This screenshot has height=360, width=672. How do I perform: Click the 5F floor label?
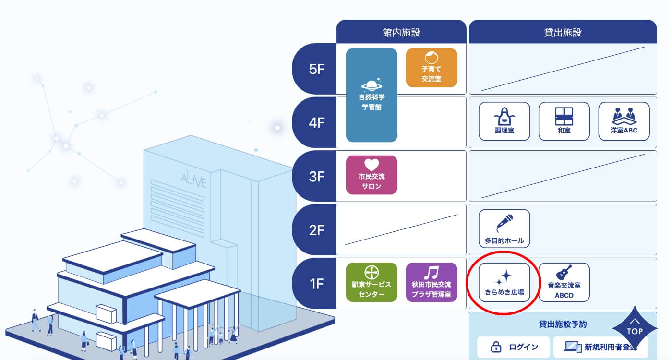point(317,69)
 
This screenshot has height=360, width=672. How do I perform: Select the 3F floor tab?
point(317,176)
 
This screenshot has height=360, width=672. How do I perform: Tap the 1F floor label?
point(317,284)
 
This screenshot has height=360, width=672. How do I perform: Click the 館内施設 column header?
point(401,33)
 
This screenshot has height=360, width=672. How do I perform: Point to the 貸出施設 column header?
point(563,33)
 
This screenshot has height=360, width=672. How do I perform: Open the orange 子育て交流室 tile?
point(432,68)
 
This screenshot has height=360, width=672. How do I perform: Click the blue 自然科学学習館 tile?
point(372,95)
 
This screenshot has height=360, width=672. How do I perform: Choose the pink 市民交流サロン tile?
point(372,175)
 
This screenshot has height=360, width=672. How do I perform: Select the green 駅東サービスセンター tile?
point(372,282)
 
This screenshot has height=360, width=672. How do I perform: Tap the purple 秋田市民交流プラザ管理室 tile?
point(432,282)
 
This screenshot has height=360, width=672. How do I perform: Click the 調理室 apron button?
point(504,121)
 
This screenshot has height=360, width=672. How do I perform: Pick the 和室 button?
point(564,121)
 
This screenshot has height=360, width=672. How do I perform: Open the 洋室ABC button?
point(624,121)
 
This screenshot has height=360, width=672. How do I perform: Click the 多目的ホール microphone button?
point(504,228)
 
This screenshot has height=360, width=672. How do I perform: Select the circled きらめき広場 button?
point(504,282)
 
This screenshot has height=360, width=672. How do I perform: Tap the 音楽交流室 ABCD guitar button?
point(564,282)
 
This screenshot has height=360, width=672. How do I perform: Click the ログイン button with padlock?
point(514,347)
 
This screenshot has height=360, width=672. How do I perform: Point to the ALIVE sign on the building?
point(194,181)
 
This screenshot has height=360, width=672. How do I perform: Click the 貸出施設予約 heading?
point(563,324)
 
